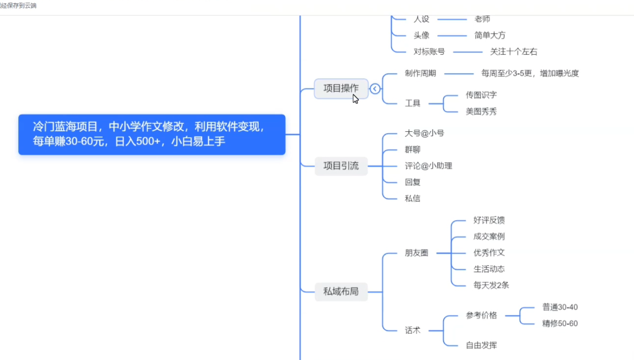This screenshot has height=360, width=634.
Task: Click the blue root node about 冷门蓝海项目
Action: coord(152,134)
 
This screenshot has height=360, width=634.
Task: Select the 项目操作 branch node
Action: coord(341,88)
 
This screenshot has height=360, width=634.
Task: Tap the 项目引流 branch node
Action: coord(341,166)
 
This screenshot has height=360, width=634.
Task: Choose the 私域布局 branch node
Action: coord(341,292)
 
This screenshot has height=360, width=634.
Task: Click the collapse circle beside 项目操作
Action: coord(375,89)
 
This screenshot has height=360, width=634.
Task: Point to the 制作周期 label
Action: coord(420,73)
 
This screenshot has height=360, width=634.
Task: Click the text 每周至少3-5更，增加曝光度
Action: coord(530,73)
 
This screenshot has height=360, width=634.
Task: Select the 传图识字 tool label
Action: coord(481,95)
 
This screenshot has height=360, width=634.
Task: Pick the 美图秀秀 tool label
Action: coord(481,112)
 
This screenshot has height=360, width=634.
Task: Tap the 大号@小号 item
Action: coord(424,134)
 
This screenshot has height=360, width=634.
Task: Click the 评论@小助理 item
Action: coord(428,166)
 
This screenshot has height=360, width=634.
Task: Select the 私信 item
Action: coord(413,199)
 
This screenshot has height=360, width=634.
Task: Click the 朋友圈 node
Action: coord(416,253)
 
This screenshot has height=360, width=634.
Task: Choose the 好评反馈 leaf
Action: coord(489,221)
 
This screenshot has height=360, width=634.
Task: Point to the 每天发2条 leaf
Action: coord(491,286)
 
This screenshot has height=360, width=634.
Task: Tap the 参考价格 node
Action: coord(481,315)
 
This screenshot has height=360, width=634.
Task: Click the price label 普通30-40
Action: coord(560,308)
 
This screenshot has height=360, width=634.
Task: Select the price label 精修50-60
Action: coord(560,324)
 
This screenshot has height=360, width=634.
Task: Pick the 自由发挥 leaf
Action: coord(481,345)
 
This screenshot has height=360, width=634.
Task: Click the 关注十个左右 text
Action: coord(513,52)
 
